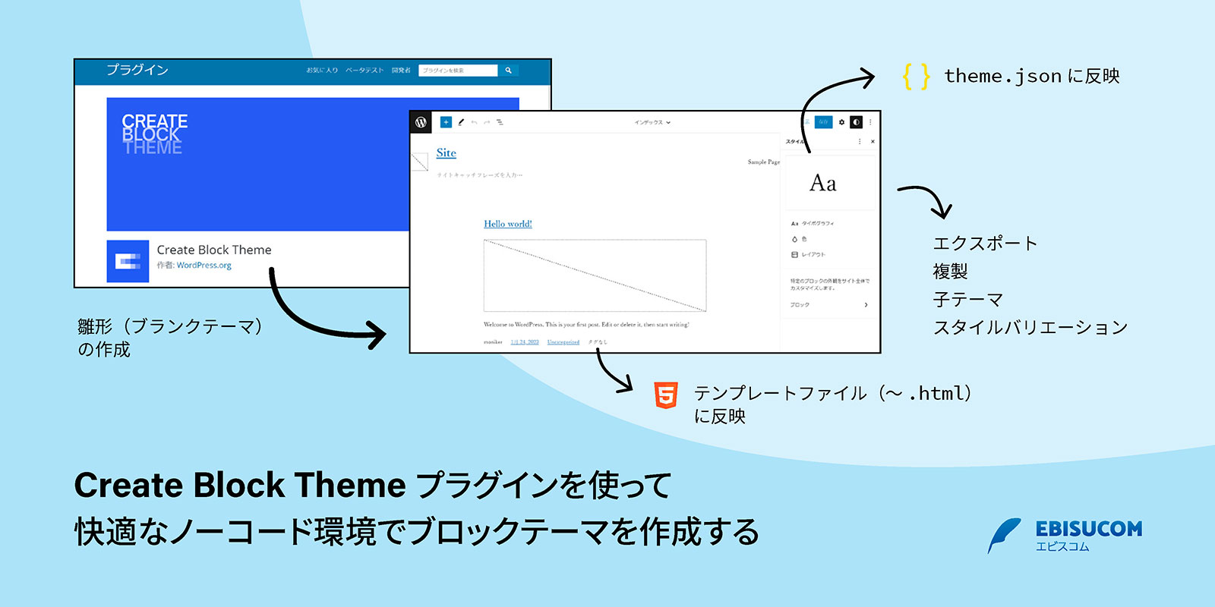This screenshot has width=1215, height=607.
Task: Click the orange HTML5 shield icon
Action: (x=666, y=395)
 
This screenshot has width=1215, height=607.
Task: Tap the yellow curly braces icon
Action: (x=916, y=76)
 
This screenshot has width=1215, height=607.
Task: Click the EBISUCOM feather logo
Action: (x=1004, y=535)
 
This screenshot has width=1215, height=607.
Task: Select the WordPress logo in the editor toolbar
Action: (x=421, y=122)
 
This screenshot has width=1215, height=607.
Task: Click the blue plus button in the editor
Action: (x=446, y=122)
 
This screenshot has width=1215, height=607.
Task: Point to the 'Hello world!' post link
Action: (x=508, y=224)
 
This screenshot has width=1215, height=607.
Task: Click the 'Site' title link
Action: (x=447, y=153)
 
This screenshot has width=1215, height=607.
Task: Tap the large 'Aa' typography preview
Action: (x=822, y=183)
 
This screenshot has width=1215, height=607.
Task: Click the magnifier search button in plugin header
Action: (x=509, y=70)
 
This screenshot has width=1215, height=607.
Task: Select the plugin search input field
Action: (x=457, y=70)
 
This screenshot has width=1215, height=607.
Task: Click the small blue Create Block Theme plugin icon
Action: (x=128, y=261)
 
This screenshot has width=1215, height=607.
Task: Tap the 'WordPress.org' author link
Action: (x=204, y=266)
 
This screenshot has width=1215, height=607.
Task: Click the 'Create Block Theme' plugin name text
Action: (x=214, y=250)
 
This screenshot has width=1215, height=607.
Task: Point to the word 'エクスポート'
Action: (x=985, y=243)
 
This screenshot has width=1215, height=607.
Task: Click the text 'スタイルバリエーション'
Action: (x=1030, y=327)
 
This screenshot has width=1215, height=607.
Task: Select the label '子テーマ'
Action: (x=968, y=299)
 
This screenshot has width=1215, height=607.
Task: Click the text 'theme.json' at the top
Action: (x=1002, y=76)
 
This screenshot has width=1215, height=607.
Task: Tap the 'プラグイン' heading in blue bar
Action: (x=137, y=70)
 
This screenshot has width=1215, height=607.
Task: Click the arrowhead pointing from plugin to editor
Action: (x=376, y=334)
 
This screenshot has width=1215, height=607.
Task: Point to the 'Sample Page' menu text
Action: (x=763, y=162)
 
